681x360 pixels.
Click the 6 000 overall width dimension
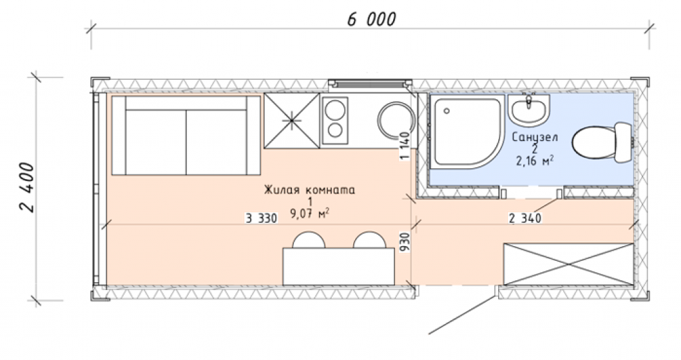point(372,19)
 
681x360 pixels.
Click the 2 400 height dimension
point(27,187)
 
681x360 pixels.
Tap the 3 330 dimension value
point(261,219)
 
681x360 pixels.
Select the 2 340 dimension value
point(525,218)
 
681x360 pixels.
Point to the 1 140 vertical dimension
point(405,146)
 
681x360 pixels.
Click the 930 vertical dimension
point(405,243)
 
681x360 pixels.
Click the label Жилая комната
point(309,190)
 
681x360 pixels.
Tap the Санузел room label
point(535,137)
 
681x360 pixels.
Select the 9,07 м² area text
point(309,214)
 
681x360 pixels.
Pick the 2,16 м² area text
point(535,161)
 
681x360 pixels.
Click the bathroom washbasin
point(529,110)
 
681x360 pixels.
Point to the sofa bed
point(186,135)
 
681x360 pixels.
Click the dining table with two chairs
point(339,259)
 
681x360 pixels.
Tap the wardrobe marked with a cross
point(568,264)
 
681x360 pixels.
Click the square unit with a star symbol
point(292,121)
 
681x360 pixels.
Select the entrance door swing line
point(462,315)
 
